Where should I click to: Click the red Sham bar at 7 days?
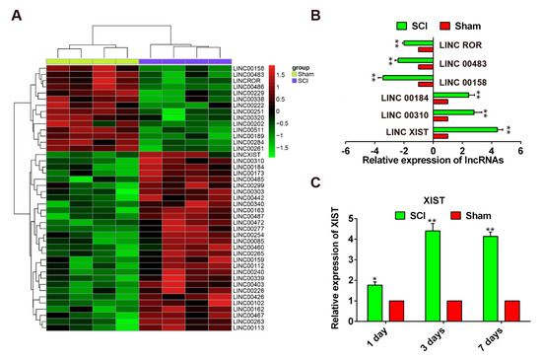(512, 311)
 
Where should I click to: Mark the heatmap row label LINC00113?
(246, 327)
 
